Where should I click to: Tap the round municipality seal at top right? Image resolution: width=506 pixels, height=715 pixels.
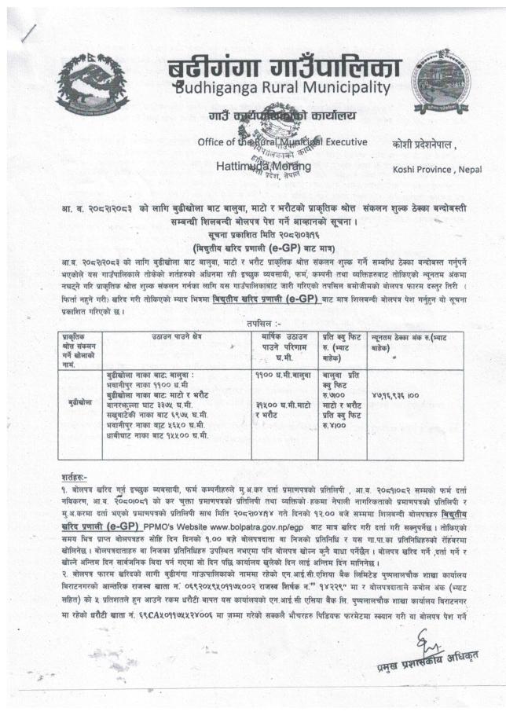[x=442, y=81]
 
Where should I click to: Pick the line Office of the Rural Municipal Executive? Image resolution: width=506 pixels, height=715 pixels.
[x=282, y=141]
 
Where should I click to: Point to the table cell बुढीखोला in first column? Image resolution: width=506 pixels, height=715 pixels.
[x=81, y=400]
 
